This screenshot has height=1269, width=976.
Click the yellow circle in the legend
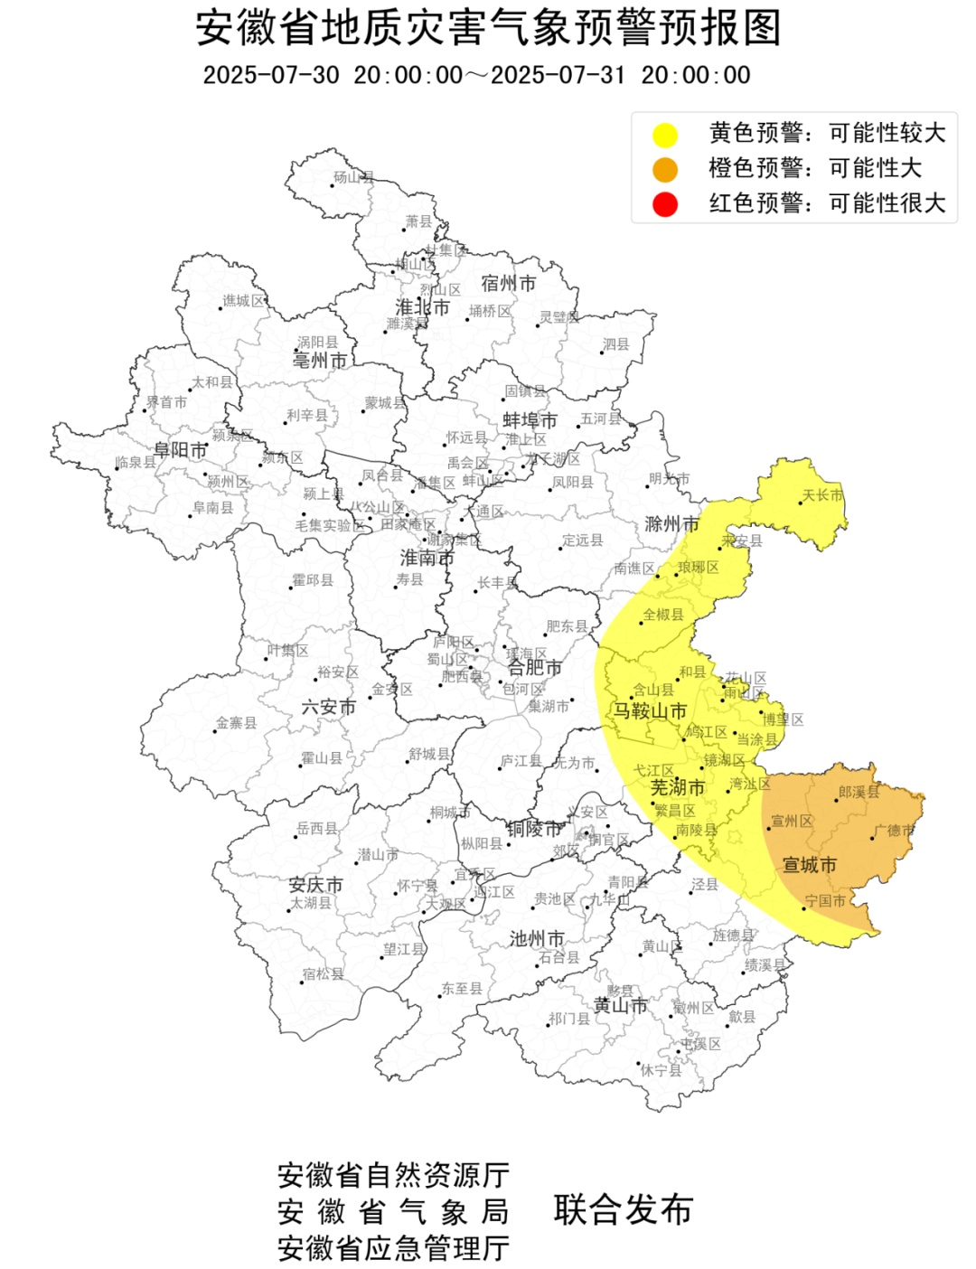click(665, 135)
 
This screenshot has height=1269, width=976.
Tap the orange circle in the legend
click(665, 169)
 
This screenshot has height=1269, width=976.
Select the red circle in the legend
click(665, 204)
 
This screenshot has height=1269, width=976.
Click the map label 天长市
click(822, 495)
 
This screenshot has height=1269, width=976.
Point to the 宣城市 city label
click(809, 865)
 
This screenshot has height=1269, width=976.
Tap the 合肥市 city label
click(534, 668)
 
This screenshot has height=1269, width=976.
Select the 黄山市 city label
click(620, 1005)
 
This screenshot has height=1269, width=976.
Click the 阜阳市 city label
click(181, 450)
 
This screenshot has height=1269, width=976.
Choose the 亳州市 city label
click(320, 361)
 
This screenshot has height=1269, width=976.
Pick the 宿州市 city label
click(508, 284)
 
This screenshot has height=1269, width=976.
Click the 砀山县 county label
click(353, 177)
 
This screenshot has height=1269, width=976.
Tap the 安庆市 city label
click(315, 884)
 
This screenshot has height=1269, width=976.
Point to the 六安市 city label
click(328, 707)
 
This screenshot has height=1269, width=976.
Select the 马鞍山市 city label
click(650, 711)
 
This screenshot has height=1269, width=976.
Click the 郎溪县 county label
click(858, 793)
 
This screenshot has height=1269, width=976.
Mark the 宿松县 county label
click(323, 973)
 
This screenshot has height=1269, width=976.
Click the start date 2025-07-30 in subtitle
click(271, 75)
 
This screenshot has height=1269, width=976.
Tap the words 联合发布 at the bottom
click(624, 1210)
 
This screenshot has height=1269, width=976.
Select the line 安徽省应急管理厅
click(393, 1248)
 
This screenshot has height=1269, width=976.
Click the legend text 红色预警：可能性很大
click(827, 203)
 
